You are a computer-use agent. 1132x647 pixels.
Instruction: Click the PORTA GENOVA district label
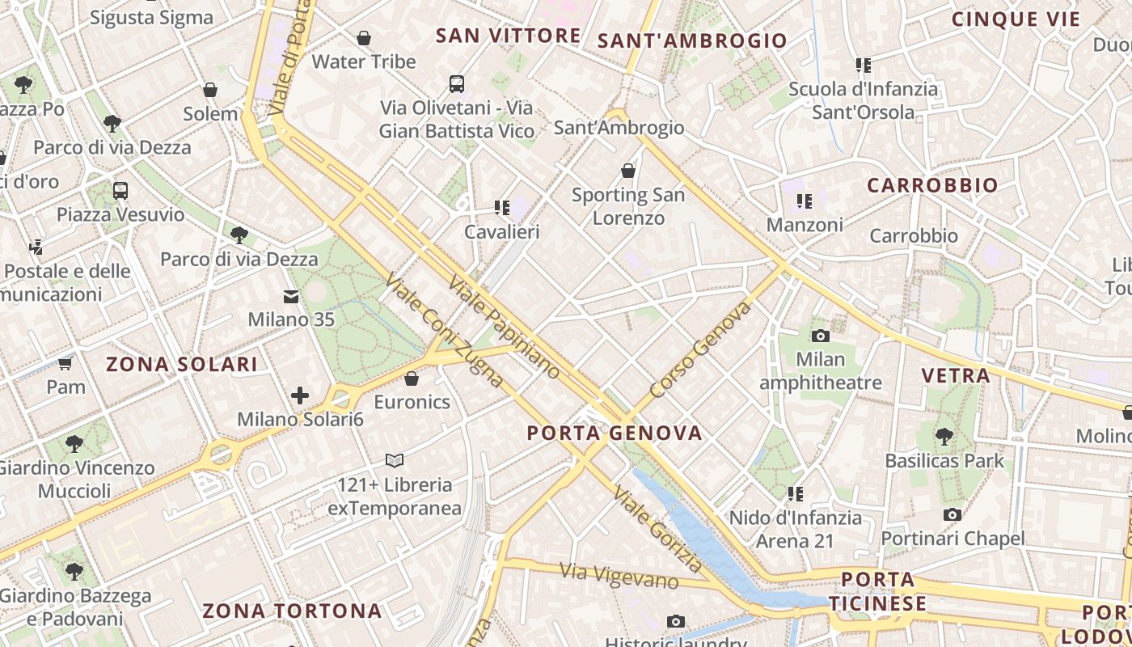tap(615, 433)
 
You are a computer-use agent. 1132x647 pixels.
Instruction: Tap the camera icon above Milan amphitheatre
tap(821, 336)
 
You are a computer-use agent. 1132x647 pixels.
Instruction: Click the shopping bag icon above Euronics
tap(412, 378)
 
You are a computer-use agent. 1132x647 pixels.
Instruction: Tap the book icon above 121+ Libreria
tap(394, 460)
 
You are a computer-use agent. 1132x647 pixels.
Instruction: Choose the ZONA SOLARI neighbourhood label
tap(182, 364)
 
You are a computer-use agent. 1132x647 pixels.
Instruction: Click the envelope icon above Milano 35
tap(290, 297)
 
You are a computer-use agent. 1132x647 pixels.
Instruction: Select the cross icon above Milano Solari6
tap(300, 395)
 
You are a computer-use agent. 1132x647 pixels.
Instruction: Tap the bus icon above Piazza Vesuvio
tap(120, 191)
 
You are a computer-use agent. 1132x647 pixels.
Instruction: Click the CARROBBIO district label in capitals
tap(932, 185)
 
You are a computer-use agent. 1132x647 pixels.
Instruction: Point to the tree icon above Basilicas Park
tap(944, 438)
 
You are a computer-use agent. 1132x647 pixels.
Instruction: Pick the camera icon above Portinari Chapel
tap(952, 514)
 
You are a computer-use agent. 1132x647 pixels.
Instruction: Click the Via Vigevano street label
tap(619, 576)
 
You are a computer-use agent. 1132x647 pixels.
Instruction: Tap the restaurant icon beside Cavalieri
tap(501, 208)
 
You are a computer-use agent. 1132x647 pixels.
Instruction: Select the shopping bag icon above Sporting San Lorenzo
tap(628, 171)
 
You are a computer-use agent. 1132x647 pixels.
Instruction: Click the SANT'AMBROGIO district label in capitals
tap(692, 40)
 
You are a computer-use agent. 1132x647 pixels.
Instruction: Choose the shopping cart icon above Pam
tap(65, 363)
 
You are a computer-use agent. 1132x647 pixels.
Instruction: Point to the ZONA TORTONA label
tap(292, 611)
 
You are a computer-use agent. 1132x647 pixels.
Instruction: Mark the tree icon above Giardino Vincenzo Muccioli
tap(74, 443)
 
